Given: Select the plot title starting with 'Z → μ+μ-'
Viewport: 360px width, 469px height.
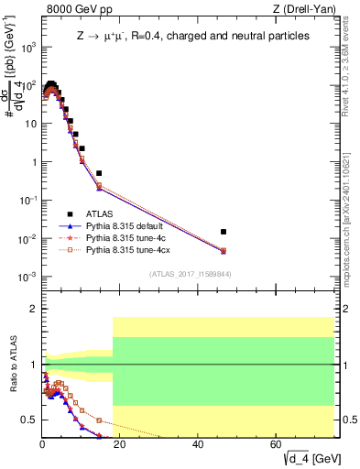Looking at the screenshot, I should pyautogui.click(x=191, y=36).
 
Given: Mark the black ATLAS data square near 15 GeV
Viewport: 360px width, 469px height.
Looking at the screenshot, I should pyautogui.click(x=99, y=173).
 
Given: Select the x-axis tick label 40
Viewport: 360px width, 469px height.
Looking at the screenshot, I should pyautogui.click(x=199, y=444).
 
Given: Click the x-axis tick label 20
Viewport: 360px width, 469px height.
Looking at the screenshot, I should pyautogui.click(x=121, y=444).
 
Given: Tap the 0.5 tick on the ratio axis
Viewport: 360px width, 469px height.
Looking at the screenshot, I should pyautogui.click(x=31, y=420).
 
